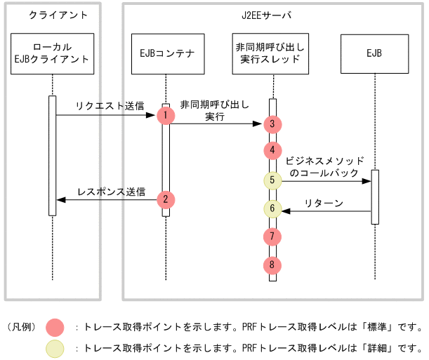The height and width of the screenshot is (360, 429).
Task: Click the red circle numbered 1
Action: [x=166, y=114]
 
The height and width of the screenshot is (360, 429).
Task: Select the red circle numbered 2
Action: [x=166, y=199]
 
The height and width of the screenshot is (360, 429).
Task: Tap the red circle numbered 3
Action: [x=272, y=124]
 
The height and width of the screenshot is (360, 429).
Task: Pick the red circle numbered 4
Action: [x=272, y=150]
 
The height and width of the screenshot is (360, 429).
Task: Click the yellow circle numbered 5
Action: [x=272, y=180]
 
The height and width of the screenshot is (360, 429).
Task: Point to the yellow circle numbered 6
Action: [x=272, y=208]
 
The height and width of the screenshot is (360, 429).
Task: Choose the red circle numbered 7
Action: [x=272, y=235]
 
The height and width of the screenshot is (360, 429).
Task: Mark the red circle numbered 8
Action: [x=272, y=265]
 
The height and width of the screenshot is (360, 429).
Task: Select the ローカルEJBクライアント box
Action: [x=52, y=53]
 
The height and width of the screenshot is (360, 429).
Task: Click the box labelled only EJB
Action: [x=374, y=53]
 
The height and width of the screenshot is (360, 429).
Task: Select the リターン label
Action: [x=324, y=204]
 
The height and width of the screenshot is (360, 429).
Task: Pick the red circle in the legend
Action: [x=55, y=327]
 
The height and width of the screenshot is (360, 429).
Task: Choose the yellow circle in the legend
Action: [x=55, y=348]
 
